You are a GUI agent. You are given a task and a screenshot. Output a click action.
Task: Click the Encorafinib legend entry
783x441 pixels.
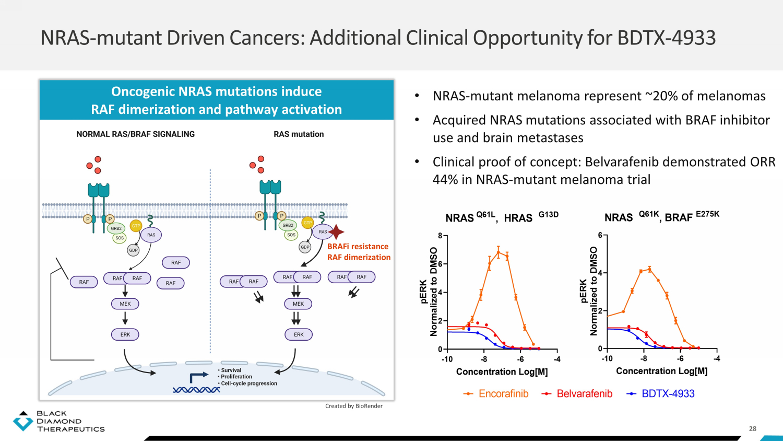[x=496, y=394]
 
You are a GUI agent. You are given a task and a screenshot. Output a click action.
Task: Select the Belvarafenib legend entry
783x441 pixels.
[x=577, y=394]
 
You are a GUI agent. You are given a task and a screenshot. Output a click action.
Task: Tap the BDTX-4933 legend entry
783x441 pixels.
[x=660, y=394]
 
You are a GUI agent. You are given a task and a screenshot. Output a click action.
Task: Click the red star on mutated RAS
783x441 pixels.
[x=336, y=231]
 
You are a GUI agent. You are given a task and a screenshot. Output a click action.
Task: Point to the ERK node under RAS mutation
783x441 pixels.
[x=299, y=334]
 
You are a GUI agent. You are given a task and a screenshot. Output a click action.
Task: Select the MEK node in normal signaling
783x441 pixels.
[x=125, y=304]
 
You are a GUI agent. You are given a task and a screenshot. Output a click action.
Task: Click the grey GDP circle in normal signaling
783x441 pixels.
[x=133, y=250]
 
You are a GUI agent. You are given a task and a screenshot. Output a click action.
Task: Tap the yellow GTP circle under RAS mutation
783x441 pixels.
[x=307, y=223]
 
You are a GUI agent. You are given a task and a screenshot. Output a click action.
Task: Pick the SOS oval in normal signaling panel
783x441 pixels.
[x=120, y=238]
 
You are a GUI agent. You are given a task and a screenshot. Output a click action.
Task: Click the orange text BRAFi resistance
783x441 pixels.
[x=358, y=247]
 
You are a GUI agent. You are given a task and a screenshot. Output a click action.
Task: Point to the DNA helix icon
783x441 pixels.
[x=196, y=390]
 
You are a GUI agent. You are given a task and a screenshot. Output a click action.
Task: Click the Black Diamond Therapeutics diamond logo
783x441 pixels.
[x=23, y=421]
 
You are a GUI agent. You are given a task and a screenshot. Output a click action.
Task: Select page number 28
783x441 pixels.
[x=752, y=429]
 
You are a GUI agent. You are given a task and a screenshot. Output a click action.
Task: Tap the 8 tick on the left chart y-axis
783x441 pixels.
[x=440, y=236]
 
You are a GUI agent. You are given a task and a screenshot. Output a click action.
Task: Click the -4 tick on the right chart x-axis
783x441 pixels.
[x=717, y=359]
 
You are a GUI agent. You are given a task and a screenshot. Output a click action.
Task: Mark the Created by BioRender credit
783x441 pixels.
[x=354, y=406]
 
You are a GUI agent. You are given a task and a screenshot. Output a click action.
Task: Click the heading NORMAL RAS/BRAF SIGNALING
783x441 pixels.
[x=136, y=134]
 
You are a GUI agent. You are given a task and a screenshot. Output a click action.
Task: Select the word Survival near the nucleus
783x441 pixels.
[x=231, y=370]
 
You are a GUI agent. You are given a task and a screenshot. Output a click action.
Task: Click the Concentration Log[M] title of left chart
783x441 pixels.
[x=502, y=372]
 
